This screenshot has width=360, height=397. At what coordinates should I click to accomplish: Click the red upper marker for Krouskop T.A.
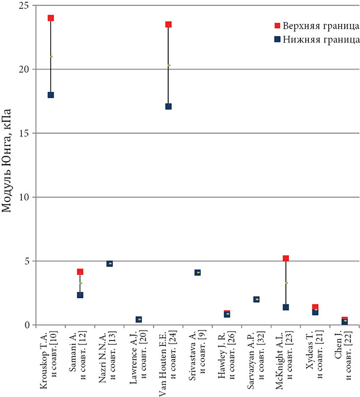[51, 18]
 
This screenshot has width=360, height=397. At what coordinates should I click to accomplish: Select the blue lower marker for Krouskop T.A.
[51, 95]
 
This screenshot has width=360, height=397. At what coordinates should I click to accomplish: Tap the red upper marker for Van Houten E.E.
[168, 24]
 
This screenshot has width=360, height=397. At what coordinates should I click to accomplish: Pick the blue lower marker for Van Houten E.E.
[168, 106]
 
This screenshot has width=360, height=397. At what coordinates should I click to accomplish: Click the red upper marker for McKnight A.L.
[286, 259]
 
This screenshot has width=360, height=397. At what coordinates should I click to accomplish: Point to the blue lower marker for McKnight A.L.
[286, 307]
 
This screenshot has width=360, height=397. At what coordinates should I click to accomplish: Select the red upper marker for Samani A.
[80, 272]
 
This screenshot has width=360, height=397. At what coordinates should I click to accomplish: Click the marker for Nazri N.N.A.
[109, 264]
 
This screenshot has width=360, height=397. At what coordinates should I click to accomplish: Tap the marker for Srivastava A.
[198, 272]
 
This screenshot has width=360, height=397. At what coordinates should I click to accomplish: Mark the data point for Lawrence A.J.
[139, 320]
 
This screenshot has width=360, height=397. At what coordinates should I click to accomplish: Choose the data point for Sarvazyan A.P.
[256, 299]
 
